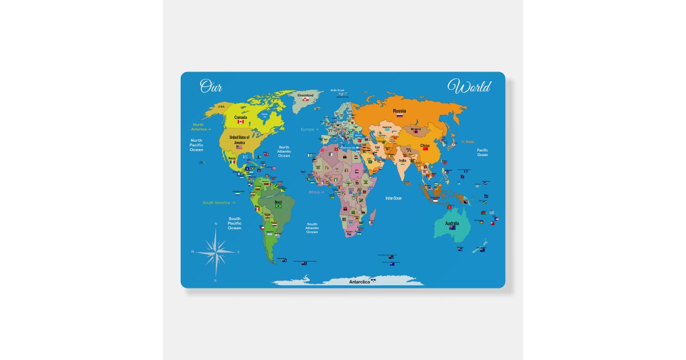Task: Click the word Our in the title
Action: point(210,86)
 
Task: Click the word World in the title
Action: point(469,87)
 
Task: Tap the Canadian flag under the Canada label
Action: point(241,122)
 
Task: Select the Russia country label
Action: point(400,110)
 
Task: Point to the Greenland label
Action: point(306,95)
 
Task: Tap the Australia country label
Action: point(452,223)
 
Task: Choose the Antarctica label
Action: point(360,282)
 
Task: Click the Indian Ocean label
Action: point(394,198)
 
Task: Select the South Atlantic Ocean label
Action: point(312,227)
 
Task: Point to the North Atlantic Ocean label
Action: point(284,151)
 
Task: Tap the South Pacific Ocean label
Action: point(234,223)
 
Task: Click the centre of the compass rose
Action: point(216,251)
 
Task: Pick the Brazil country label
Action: point(279,202)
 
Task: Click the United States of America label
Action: point(239,139)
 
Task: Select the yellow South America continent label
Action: point(218,202)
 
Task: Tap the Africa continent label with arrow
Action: point(316,192)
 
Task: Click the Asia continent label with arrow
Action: point(467,142)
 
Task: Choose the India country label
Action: point(402,161)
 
